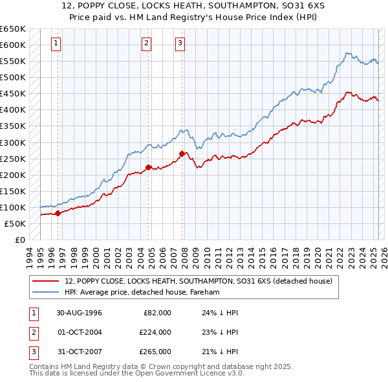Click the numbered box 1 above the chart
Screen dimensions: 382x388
[56, 43]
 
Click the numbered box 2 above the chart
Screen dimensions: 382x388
[147, 43]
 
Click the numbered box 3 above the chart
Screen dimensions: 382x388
[180, 43]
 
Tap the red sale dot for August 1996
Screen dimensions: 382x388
[58, 212]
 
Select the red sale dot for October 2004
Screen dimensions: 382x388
[148, 167]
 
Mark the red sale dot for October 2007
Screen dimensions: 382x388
[182, 153]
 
